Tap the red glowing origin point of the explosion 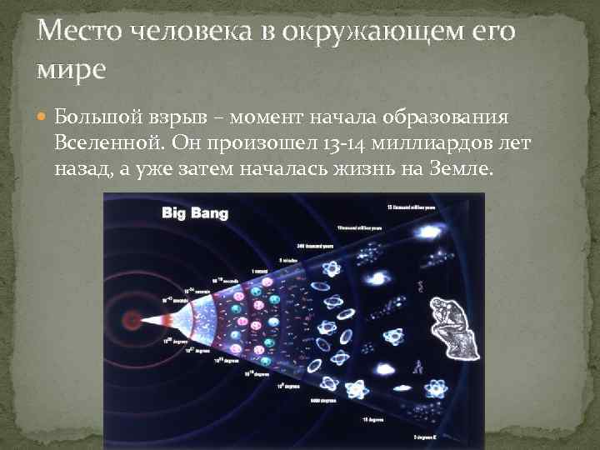click(x=131, y=319)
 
